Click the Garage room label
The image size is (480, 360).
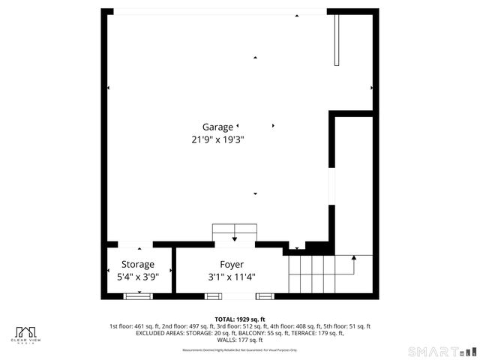point(217,127)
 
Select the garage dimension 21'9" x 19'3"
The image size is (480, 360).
point(218,139)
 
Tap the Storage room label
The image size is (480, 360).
point(139,265)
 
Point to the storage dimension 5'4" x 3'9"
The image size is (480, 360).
point(139,277)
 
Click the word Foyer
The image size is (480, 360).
point(232,265)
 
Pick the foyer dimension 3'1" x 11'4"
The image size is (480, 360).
point(232,277)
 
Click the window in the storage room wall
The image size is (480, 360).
point(137,295)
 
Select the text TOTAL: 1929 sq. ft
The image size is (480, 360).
point(240,319)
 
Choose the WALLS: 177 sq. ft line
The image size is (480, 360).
point(240,340)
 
